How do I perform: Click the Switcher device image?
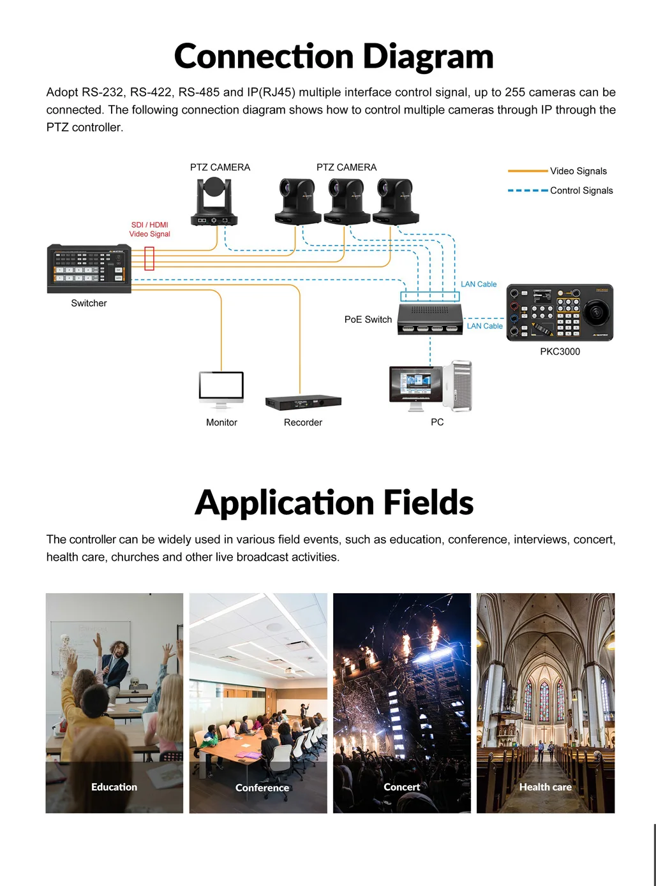click(89, 269)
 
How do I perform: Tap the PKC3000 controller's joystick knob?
click(597, 312)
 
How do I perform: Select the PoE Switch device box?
click(430, 318)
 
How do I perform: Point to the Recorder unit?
click(303, 402)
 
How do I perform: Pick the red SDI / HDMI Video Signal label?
click(150, 230)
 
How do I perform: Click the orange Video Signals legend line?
click(528, 171)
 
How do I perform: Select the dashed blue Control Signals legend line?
click(528, 190)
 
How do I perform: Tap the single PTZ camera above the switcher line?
click(214, 202)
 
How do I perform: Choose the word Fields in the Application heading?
click(428, 503)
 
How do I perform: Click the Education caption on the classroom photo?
click(114, 787)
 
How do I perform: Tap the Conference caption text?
click(262, 788)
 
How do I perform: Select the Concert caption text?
click(402, 787)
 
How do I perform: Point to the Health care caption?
click(546, 787)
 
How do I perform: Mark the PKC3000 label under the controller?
click(560, 351)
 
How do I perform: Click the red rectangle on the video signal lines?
click(149, 258)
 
